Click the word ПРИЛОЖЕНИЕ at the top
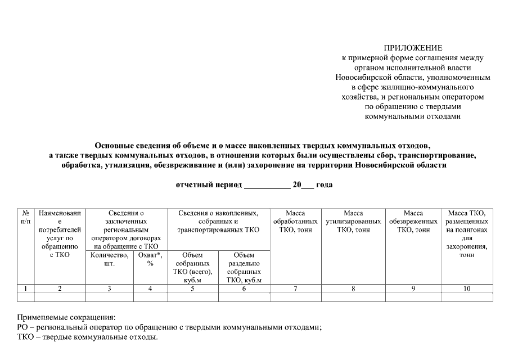(413, 48)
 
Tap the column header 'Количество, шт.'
(109, 259)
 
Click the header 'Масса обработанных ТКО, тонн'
(295, 222)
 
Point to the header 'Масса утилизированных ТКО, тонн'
(353, 222)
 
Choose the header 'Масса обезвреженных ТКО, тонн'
(413, 222)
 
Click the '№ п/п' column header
(26, 218)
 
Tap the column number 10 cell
(467, 289)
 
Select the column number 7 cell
(295, 289)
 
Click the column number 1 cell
(26, 289)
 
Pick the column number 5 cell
(192, 289)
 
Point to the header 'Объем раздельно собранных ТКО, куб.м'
(244, 268)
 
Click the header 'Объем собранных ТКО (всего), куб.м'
(192, 268)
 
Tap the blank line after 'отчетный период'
(267, 185)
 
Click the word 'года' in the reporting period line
(325, 184)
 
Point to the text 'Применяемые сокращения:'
(66, 317)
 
